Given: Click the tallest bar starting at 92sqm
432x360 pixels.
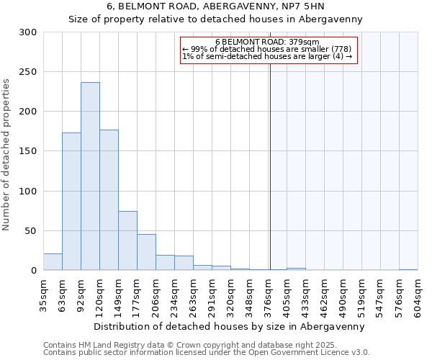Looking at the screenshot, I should point(90,176).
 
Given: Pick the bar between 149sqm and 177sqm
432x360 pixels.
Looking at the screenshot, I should point(127,240).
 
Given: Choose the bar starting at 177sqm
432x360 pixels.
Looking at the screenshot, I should point(146,252).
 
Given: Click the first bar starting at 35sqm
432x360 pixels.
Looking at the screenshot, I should point(53,262).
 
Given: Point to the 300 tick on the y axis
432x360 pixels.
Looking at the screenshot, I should point(28,32).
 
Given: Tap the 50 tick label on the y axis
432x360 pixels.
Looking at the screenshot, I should point(31,231).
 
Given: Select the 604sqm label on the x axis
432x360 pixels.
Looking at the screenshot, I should point(418,297).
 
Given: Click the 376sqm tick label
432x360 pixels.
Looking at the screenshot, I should point(268,297).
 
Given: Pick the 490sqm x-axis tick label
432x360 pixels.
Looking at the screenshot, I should point(343,297).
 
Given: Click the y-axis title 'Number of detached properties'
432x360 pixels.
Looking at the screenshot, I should point(7,155).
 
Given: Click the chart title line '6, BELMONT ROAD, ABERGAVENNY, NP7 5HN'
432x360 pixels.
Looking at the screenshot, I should point(215,6).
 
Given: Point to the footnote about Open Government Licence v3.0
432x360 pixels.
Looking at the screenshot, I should point(207,353).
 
